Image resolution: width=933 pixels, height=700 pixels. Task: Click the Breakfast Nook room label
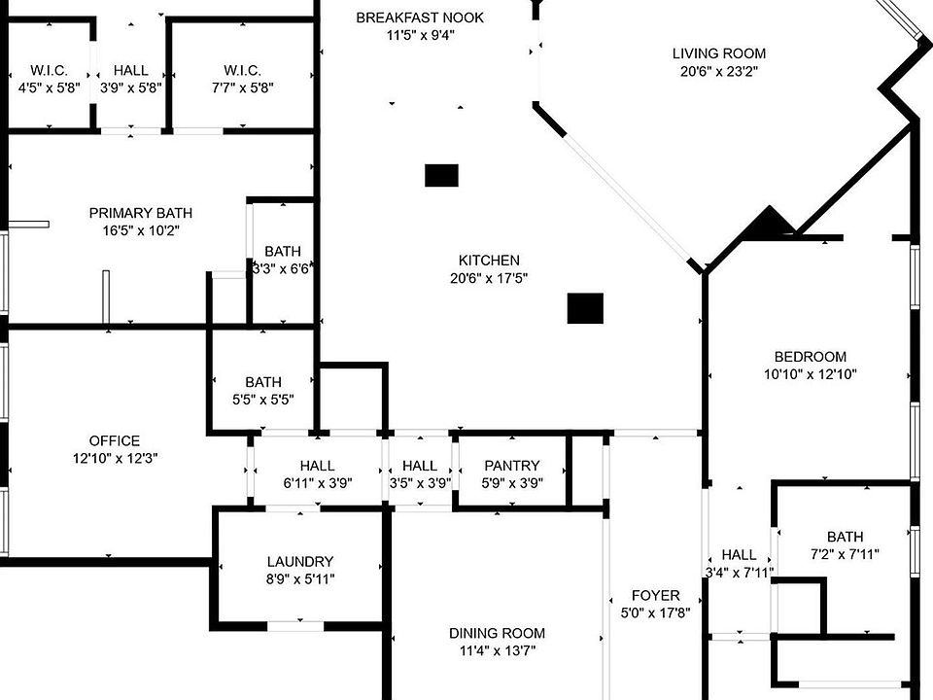(x=420, y=17)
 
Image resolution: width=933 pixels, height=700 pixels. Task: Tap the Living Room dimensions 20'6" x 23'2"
(x=719, y=71)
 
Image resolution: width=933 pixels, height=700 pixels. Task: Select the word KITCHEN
(x=489, y=261)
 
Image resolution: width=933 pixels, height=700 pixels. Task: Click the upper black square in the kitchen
(x=441, y=175)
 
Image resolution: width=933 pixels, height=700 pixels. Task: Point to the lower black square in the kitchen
(x=585, y=308)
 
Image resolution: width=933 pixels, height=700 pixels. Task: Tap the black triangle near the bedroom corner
(x=770, y=224)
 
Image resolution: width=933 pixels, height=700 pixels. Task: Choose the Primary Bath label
(x=141, y=213)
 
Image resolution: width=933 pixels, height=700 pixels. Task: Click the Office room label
(x=115, y=440)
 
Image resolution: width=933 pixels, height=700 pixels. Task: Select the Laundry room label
(x=300, y=561)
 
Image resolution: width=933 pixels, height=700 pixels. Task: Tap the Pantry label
(x=511, y=466)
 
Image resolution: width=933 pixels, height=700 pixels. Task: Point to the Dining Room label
(x=497, y=633)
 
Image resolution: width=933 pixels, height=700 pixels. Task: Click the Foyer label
(x=656, y=595)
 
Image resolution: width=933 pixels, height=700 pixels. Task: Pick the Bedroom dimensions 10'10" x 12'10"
(x=811, y=374)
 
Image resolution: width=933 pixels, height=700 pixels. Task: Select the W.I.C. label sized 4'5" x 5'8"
(x=49, y=70)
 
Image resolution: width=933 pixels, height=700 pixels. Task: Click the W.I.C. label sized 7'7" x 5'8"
(x=242, y=70)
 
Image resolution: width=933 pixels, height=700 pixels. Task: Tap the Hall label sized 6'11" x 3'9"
(x=318, y=466)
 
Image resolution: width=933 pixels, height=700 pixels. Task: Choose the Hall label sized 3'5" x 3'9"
(x=420, y=466)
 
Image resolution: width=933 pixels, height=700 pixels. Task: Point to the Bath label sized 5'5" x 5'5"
(x=263, y=382)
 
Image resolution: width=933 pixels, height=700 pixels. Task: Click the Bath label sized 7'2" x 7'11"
(x=845, y=537)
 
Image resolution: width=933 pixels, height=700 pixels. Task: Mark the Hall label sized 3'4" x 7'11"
(x=739, y=555)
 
